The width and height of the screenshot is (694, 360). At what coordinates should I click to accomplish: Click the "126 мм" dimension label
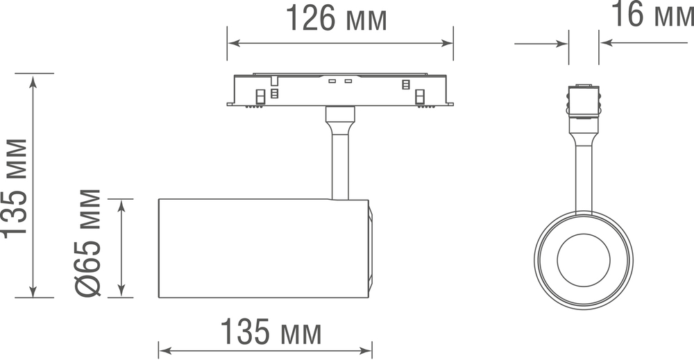coord(337,20)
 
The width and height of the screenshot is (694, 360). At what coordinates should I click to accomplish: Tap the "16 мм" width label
coord(651,15)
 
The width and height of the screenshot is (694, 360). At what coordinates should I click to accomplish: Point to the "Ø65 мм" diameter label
coord(90,243)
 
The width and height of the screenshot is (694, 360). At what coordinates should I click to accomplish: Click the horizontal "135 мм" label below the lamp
coord(271,334)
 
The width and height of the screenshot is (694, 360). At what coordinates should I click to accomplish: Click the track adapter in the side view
coord(340,89)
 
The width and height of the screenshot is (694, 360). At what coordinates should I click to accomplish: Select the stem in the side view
coord(340,163)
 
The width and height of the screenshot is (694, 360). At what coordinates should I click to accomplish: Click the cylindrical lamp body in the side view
coord(264,248)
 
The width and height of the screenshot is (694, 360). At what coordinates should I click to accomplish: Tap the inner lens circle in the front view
coord(583,260)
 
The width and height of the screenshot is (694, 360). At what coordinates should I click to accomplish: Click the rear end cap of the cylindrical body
coord(370,248)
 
